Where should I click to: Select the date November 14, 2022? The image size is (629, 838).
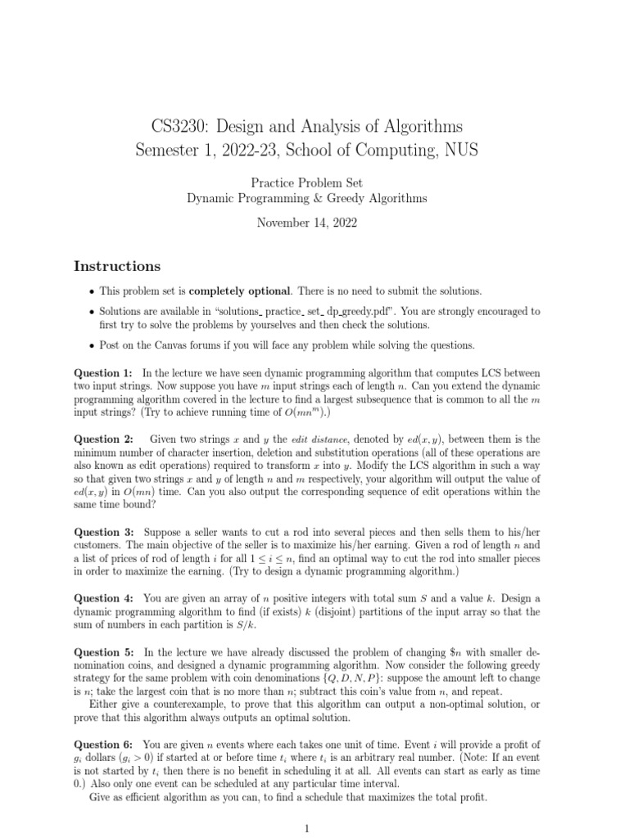307,222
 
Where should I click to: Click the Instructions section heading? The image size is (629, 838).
117,266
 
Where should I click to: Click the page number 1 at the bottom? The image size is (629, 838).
307,828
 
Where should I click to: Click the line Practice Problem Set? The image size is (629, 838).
307,184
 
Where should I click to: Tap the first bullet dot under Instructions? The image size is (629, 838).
90,291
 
